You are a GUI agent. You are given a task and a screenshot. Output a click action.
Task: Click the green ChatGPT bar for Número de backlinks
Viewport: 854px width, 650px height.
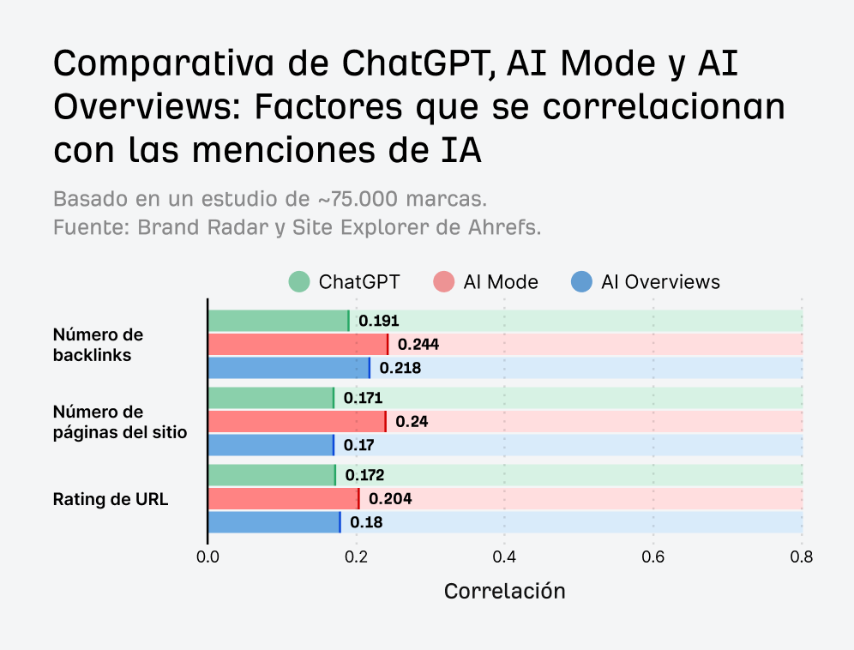279,321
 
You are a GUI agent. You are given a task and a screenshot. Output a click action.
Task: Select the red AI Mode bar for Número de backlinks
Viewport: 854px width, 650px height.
298,345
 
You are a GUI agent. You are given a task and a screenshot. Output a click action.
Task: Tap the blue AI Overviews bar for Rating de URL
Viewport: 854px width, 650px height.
274,522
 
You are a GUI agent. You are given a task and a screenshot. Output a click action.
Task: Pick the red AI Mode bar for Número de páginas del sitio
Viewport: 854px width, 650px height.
297,421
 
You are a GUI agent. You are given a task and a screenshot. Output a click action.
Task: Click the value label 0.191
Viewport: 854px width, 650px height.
378,321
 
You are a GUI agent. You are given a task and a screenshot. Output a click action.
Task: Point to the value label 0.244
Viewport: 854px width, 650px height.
418,345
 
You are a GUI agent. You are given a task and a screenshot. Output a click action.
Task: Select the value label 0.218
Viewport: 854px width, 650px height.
400,369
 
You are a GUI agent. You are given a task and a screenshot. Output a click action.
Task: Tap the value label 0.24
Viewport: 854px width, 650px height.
412,421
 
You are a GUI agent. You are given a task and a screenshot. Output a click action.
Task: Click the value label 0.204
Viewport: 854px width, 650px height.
390,498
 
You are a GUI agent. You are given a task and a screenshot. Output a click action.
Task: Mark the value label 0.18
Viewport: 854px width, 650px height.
366,522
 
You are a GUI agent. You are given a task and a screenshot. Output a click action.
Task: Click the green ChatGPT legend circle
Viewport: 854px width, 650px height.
299,281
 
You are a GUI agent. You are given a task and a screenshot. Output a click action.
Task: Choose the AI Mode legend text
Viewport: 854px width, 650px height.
501,281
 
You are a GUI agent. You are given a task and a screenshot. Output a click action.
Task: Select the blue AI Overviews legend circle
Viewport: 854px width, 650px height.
581,281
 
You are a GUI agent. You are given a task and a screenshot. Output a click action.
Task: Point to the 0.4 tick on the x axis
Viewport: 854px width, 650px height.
504,557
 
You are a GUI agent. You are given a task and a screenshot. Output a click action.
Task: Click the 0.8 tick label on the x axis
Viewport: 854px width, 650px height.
801,557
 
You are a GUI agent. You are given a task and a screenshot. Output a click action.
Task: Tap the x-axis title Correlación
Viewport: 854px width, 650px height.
504,591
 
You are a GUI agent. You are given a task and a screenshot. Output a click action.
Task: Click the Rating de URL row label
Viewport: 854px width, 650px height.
111,499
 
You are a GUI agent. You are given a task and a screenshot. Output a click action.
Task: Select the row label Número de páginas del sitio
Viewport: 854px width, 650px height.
119,422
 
